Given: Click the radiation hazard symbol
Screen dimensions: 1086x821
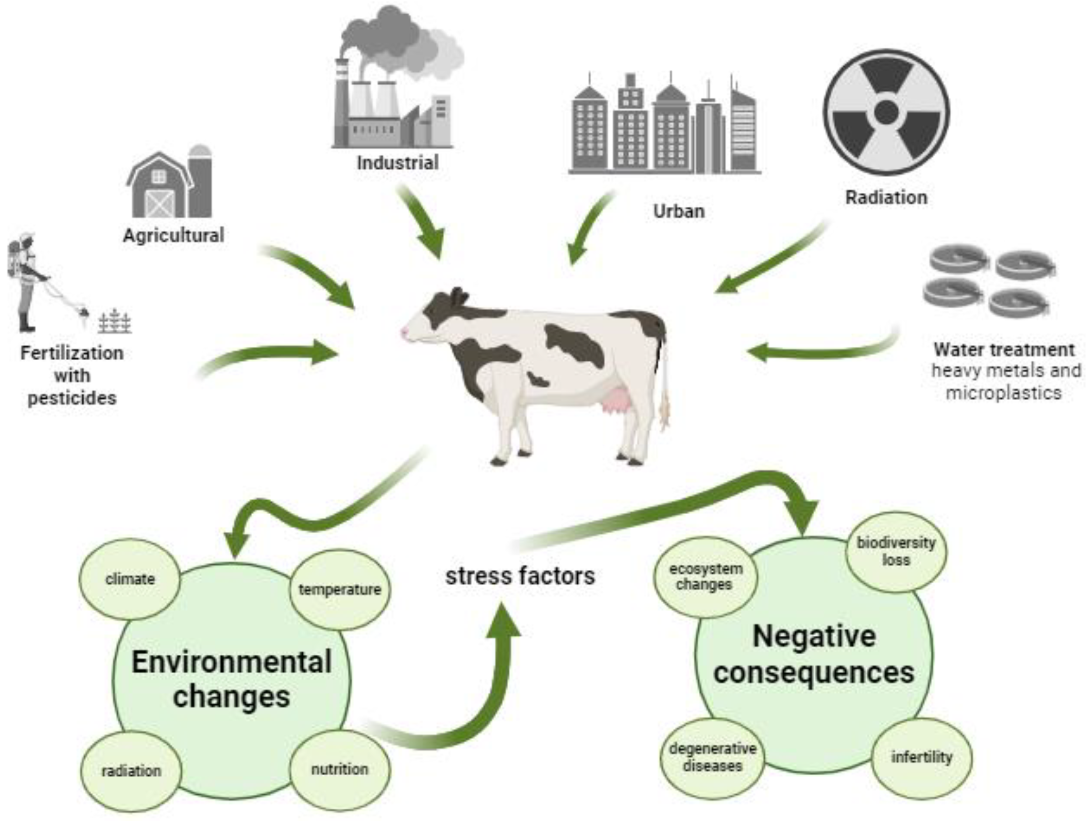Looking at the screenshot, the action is (886, 112).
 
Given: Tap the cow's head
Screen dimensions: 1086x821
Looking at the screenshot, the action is (432, 319).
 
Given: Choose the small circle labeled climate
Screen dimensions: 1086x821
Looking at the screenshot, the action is (130, 579).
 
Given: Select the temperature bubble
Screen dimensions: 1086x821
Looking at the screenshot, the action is (340, 589).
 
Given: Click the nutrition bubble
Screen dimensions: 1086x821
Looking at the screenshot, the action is (340, 769).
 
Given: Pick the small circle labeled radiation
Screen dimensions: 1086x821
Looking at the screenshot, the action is (131, 771).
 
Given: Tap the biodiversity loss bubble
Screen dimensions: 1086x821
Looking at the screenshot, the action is (896, 551).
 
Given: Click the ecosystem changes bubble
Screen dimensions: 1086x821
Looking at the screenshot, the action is (706, 577).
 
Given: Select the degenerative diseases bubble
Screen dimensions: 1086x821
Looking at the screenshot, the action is (712, 757).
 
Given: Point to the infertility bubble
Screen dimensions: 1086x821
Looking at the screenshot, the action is (922, 757).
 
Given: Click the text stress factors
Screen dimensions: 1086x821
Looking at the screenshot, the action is (520, 576).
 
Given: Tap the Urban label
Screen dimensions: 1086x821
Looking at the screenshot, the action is (678, 211).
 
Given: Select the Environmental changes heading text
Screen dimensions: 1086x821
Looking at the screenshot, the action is (232, 679).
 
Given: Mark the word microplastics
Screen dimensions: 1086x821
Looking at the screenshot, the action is (1004, 393).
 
